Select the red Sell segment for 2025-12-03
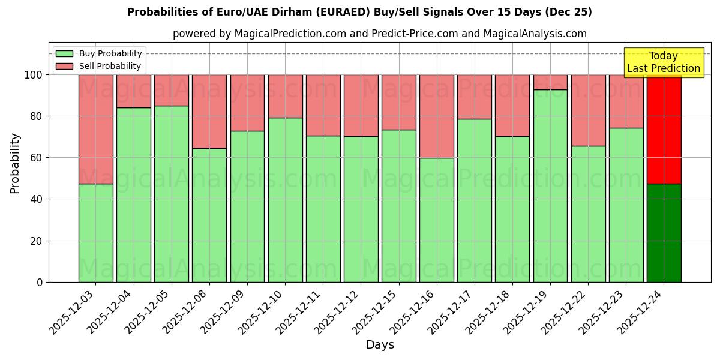95,129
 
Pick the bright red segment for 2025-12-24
664,129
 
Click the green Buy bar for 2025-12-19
550,186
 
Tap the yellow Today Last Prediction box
663,62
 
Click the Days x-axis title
380,345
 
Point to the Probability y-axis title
15,163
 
